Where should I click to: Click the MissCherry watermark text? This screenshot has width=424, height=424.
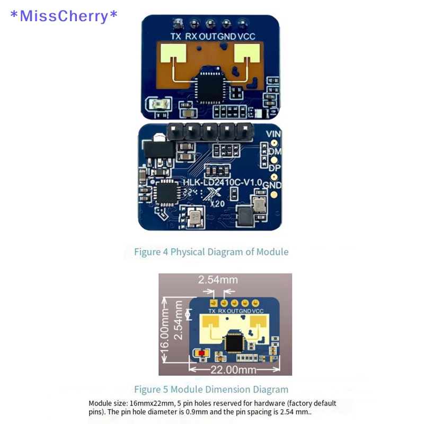click(64, 16)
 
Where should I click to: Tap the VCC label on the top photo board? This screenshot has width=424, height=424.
click(246, 37)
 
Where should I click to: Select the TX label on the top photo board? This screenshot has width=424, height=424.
click(176, 37)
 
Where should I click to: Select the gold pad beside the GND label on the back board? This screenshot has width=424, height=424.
click(274, 195)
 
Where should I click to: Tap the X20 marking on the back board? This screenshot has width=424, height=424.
click(217, 202)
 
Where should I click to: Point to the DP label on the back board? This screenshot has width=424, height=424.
click(274, 167)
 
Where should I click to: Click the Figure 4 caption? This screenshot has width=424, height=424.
click(211, 252)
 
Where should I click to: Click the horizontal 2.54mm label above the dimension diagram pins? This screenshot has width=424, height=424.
click(218, 279)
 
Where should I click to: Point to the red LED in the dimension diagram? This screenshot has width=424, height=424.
click(201, 352)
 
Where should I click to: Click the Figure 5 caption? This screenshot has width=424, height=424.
click(211, 390)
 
